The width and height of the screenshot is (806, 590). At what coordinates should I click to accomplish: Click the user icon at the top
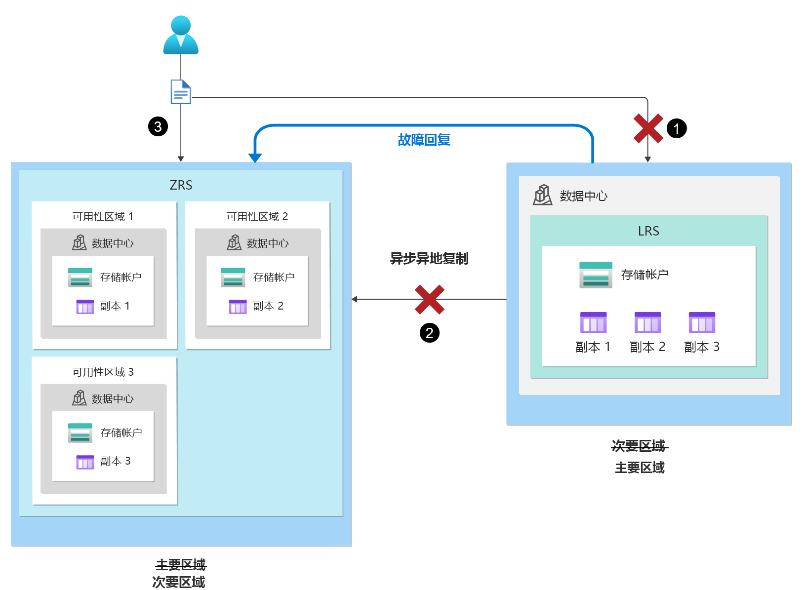(x=181, y=35)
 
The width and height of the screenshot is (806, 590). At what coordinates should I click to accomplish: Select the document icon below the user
(x=181, y=92)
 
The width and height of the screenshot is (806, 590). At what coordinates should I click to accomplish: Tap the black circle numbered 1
(x=677, y=128)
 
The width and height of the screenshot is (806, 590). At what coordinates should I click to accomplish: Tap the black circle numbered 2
(x=429, y=333)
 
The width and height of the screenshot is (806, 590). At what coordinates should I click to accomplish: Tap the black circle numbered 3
(x=158, y=126)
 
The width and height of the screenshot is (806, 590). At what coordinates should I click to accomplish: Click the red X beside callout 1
(x=648, y=128)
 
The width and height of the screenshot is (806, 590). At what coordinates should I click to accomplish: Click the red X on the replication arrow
(x=429, y=299)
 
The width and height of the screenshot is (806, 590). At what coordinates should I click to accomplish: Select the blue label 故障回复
(x=424, y=140)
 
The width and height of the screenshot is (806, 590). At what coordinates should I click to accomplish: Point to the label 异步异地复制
(x=429, y=258)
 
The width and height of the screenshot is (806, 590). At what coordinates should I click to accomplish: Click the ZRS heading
(x=181, y=185)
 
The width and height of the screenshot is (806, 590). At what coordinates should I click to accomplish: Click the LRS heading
(x=648, y=231)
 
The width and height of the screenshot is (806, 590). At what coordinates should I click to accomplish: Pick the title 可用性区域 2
(x=257, y=216)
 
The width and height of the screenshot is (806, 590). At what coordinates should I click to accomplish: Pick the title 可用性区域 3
(x=103, y=372)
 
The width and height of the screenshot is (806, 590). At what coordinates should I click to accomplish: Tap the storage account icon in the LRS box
(x=596, y=275)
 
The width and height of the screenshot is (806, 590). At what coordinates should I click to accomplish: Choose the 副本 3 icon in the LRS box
(x=702, y=323)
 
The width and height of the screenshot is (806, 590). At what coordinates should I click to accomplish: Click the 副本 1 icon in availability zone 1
(x=85, y=307)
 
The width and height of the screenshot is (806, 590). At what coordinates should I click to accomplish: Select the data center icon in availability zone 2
(x=234, y=242)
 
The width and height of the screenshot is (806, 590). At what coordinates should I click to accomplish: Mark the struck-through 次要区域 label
(x=639, y=446)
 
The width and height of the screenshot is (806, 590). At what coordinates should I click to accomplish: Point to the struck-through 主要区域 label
(x=181, y=564)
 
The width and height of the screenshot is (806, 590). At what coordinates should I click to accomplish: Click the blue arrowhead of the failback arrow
(x=255, y=158)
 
